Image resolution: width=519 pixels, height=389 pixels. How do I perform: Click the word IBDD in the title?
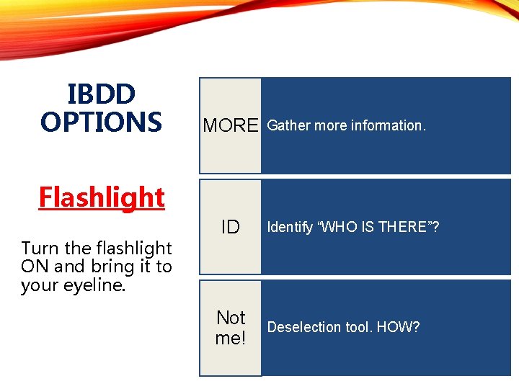(x=101, y=94)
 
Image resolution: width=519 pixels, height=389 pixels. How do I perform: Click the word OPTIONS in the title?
(x=101, y=122)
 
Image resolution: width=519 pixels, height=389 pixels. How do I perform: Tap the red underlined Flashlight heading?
(x=102, y=197)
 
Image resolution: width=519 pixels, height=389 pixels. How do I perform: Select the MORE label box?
(x=230, y=125)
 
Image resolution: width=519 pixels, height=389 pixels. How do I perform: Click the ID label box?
(x=230, y=228)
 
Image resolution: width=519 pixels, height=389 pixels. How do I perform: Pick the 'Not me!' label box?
(x=230, y=328)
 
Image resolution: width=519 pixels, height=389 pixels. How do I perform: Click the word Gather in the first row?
(x=289, y=125)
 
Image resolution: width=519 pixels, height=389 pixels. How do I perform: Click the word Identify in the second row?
(x=290, y=228)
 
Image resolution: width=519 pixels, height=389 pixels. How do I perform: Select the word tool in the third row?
(x=355, y=327)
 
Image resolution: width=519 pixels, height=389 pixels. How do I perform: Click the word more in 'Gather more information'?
(x=331, y=125)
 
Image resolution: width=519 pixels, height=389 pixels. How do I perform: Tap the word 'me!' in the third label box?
(x=230, y=338)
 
